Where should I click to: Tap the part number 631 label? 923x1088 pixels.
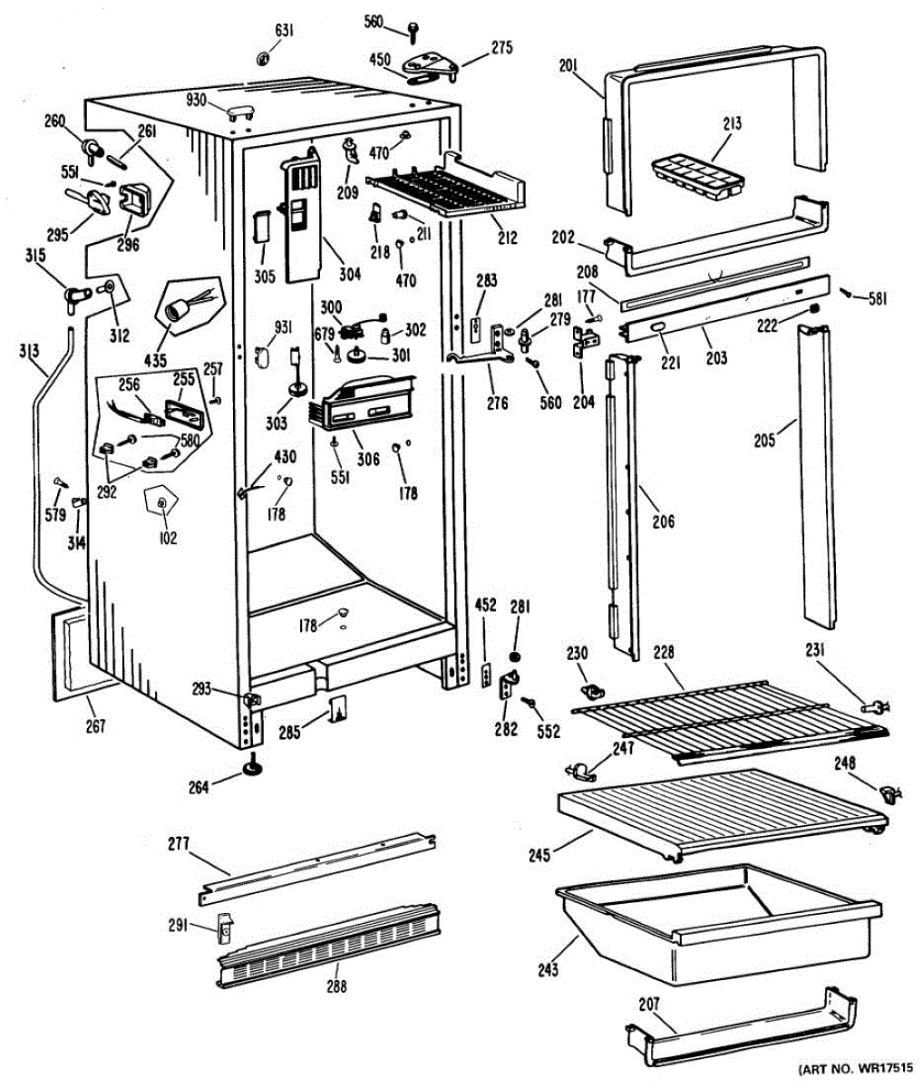click(x=284, y=33)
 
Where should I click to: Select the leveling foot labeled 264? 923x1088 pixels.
click(x=254, y=769)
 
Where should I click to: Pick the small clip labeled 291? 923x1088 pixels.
click(x=224, y=925)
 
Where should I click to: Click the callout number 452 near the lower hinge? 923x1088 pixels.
click(x=486, y=605)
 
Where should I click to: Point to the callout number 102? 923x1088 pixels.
click(x=167, y=538)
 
